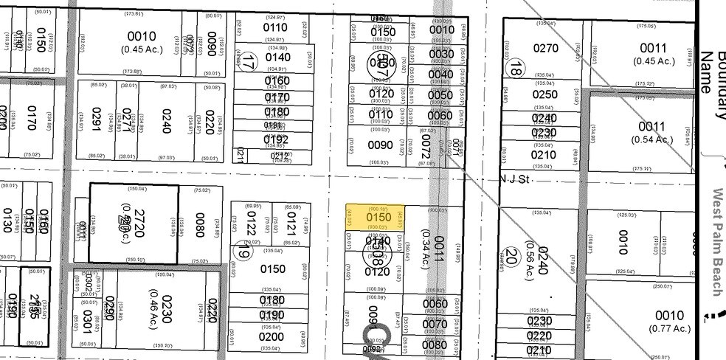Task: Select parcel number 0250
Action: click(x=544, y=94)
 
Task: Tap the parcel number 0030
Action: click(x=440, y=54)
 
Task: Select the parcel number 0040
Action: click(x=440, y=74)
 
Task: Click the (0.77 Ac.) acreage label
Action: click(x=670, y=328)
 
